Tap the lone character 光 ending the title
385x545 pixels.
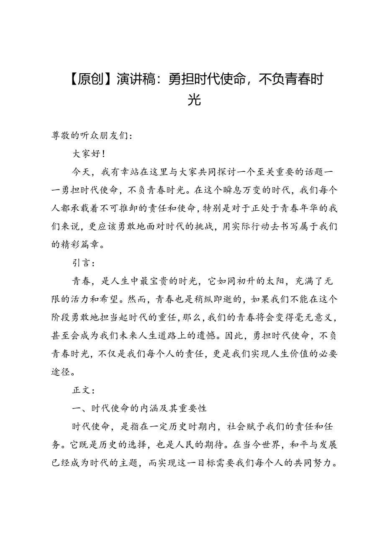click(194, 100)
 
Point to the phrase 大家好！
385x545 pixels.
click(87, 154)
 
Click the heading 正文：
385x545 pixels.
click(84, 390)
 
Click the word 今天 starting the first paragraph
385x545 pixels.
click(82, 172)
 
